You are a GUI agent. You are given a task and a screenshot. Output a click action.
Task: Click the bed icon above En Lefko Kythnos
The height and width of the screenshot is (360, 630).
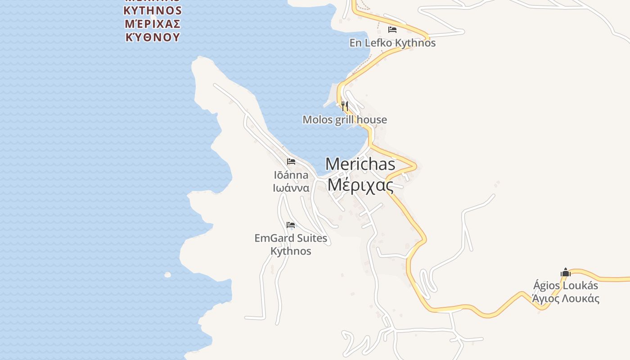pyautogui.click(x=392, y=30)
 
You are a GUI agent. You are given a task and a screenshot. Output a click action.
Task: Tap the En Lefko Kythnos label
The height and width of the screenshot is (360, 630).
pyautogui.click(x=392, y=43)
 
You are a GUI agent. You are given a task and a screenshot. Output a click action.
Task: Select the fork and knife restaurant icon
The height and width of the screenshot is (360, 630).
pyautogui.click(x=345, y=106)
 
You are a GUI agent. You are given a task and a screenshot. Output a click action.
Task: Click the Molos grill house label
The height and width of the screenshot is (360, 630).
pyautogui.click(x=345, y=120)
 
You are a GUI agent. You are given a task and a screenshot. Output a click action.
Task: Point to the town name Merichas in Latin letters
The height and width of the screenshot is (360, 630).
pyautogui.click(x=360, y=164)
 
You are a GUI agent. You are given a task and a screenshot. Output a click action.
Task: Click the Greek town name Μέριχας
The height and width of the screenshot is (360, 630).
pyautogui.click(x=360, y=184)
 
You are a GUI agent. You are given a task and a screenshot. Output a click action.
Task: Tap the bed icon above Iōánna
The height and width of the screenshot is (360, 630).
pyautogui.click(x=291, y=162)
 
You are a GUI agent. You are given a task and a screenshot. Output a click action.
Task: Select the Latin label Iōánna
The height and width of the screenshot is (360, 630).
pyautogui.click(x=291, y=175)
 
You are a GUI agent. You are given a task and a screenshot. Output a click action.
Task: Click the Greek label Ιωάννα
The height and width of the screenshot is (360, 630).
pyautogui.click(x=291, y=188)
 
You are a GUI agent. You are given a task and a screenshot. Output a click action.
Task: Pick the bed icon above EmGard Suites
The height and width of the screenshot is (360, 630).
pyautogui.click(x=291, y=225)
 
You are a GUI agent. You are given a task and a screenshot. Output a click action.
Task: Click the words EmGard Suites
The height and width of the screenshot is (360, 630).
pyautogui.click(x=291, y=238)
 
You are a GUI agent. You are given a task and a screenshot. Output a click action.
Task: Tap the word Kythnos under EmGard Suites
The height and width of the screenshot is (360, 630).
pyautogui.click(x=291, y=251)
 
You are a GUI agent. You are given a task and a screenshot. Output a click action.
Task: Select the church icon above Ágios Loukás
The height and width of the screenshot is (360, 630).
pyautogui.click(x=566, y=272)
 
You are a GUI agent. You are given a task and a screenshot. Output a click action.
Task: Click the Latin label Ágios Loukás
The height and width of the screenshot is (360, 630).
pyautogui.click(x=566, y=285)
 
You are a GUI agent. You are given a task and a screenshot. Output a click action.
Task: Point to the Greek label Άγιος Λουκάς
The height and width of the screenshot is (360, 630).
pyautogui.click(x=566, y=298)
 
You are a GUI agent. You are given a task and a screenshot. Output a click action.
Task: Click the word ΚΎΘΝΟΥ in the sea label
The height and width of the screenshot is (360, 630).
pyautogui.click(x=153, y=37)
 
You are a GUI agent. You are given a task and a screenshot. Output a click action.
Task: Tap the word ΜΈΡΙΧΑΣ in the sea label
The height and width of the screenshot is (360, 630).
pyautogui.click(x=153, y=23)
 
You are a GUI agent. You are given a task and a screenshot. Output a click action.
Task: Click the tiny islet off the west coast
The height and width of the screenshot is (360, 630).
pyautogui.click(x=167, y=274)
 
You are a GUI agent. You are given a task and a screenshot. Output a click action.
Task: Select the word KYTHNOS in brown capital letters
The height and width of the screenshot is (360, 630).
pyautogui.click(x=153, y=10)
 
